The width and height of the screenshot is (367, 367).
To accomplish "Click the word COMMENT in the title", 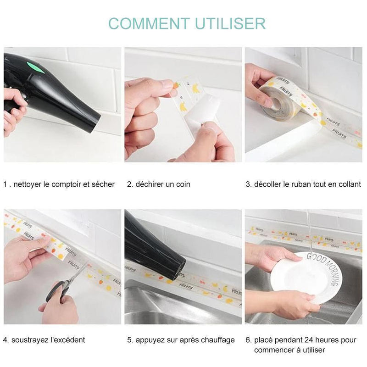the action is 149,23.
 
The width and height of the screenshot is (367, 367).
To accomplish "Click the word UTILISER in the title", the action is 230,23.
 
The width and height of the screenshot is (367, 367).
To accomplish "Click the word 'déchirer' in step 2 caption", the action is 149,184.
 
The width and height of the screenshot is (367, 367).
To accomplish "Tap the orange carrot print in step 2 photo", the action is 176,85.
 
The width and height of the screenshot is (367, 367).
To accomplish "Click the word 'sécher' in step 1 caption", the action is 103,184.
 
